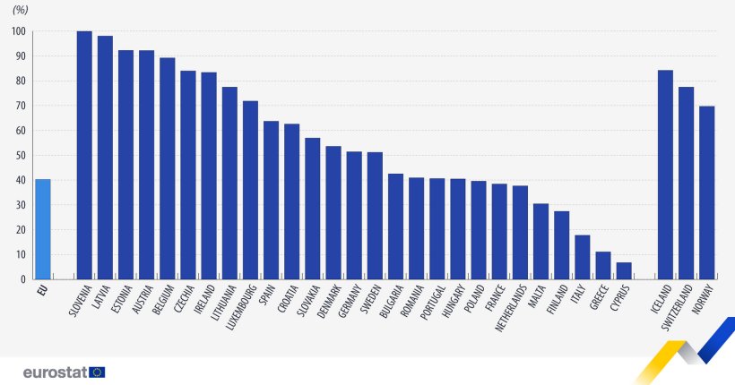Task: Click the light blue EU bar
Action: pos(43,229)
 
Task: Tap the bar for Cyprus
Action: pos(624,270)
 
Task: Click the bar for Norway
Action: pos(706,192)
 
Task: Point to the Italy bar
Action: pos(582,257)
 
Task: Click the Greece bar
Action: pos(603,265)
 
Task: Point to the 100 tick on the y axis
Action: pos(19,31)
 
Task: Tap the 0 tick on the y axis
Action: pos(24,279)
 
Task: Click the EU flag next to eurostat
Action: pos(98,372)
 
